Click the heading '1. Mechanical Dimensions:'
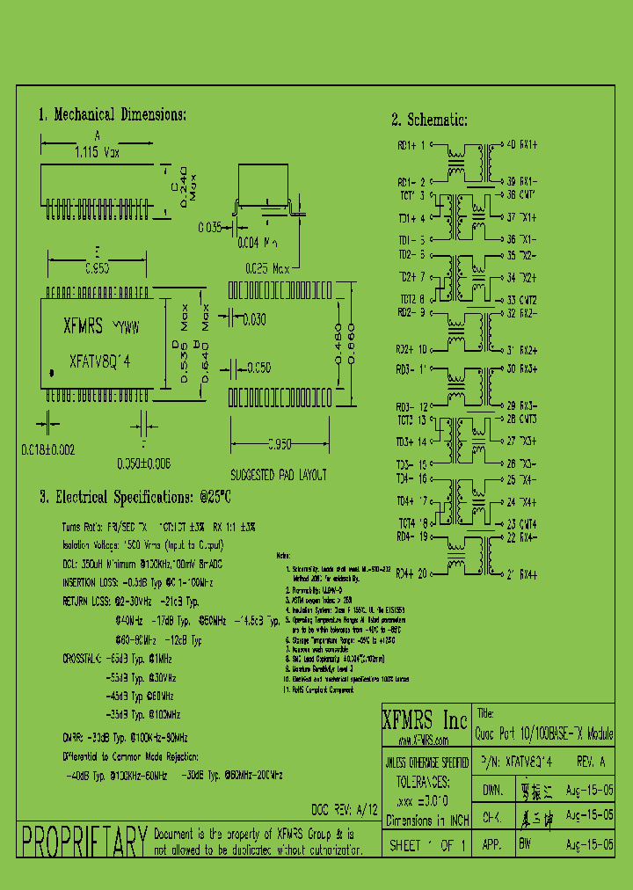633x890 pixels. pyautogui.click(x=112, y=114)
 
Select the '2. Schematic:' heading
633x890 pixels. pyautogui.click(x=429, y=120)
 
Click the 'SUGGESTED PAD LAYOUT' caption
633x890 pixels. pyautogui.click(x=278, y=475)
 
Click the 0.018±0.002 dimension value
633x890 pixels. pyautogui.click(x=48, y=449)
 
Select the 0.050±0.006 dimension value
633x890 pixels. pyautogui.click(x=143, y=463)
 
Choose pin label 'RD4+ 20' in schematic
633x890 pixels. pyautogui.click(x=411, y=574)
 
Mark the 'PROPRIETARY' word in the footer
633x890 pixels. pyautogui.click(x=83, y=843)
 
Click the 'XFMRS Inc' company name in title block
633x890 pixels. pyautogui.click(x=425, y=721)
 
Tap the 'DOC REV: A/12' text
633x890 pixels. pyautogui.click(x=344, y=809)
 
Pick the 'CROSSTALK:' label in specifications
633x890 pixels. pyautogui.click(x=82, y=658)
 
